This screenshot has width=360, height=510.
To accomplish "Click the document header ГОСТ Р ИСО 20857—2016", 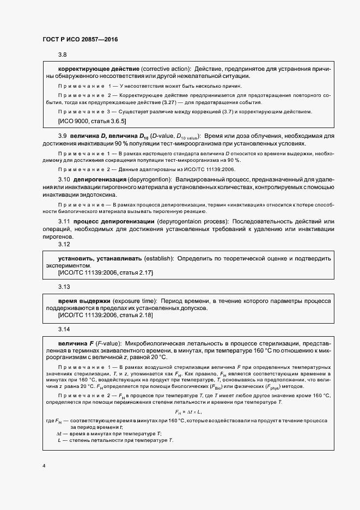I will tap(80, 40).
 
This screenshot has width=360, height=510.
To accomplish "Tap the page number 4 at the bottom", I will tap(44, 467).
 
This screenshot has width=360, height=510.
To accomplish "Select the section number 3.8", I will tap(63, 56).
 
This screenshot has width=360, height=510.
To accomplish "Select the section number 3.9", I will tap(63, 135).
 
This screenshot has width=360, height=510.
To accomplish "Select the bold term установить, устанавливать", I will tap(100, 257).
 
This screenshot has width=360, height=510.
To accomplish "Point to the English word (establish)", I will tap(158, 257).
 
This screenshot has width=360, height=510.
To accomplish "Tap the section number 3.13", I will tap(64, 286).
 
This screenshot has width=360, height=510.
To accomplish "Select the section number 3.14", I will tap(64, 330).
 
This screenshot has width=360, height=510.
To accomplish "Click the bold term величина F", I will tap(76, 344).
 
